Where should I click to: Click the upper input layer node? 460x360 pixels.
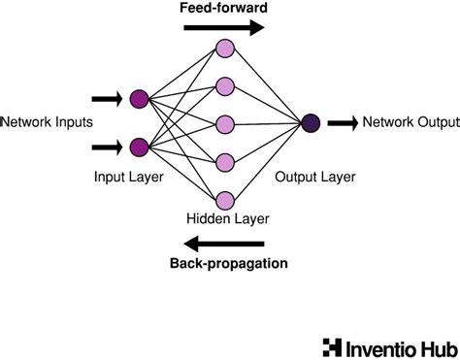click(x=139, y=98)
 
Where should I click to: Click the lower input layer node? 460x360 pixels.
click(x=139, y=147)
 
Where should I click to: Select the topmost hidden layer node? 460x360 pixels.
click(x=226, y=48)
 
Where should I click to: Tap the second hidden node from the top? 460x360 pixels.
click(x=226, y=85)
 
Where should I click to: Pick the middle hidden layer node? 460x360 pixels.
click(x=226, y=123)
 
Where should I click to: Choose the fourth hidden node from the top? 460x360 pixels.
click(x=226, y=161)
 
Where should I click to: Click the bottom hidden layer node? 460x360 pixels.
click(x=226, y=199)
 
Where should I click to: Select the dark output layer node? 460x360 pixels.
click(x=311, y=122)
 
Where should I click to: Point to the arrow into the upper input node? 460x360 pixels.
click(x=106, y=98)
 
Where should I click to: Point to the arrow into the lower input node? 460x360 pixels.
click(x=106, y=147)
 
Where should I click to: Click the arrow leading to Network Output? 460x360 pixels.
click(x=343, y=122)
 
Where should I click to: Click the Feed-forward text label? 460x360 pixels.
click(x=222, y=8)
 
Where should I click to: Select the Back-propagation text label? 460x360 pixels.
click(x=228, y=263)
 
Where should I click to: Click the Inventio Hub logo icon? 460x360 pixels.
click(x=331, y=344)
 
